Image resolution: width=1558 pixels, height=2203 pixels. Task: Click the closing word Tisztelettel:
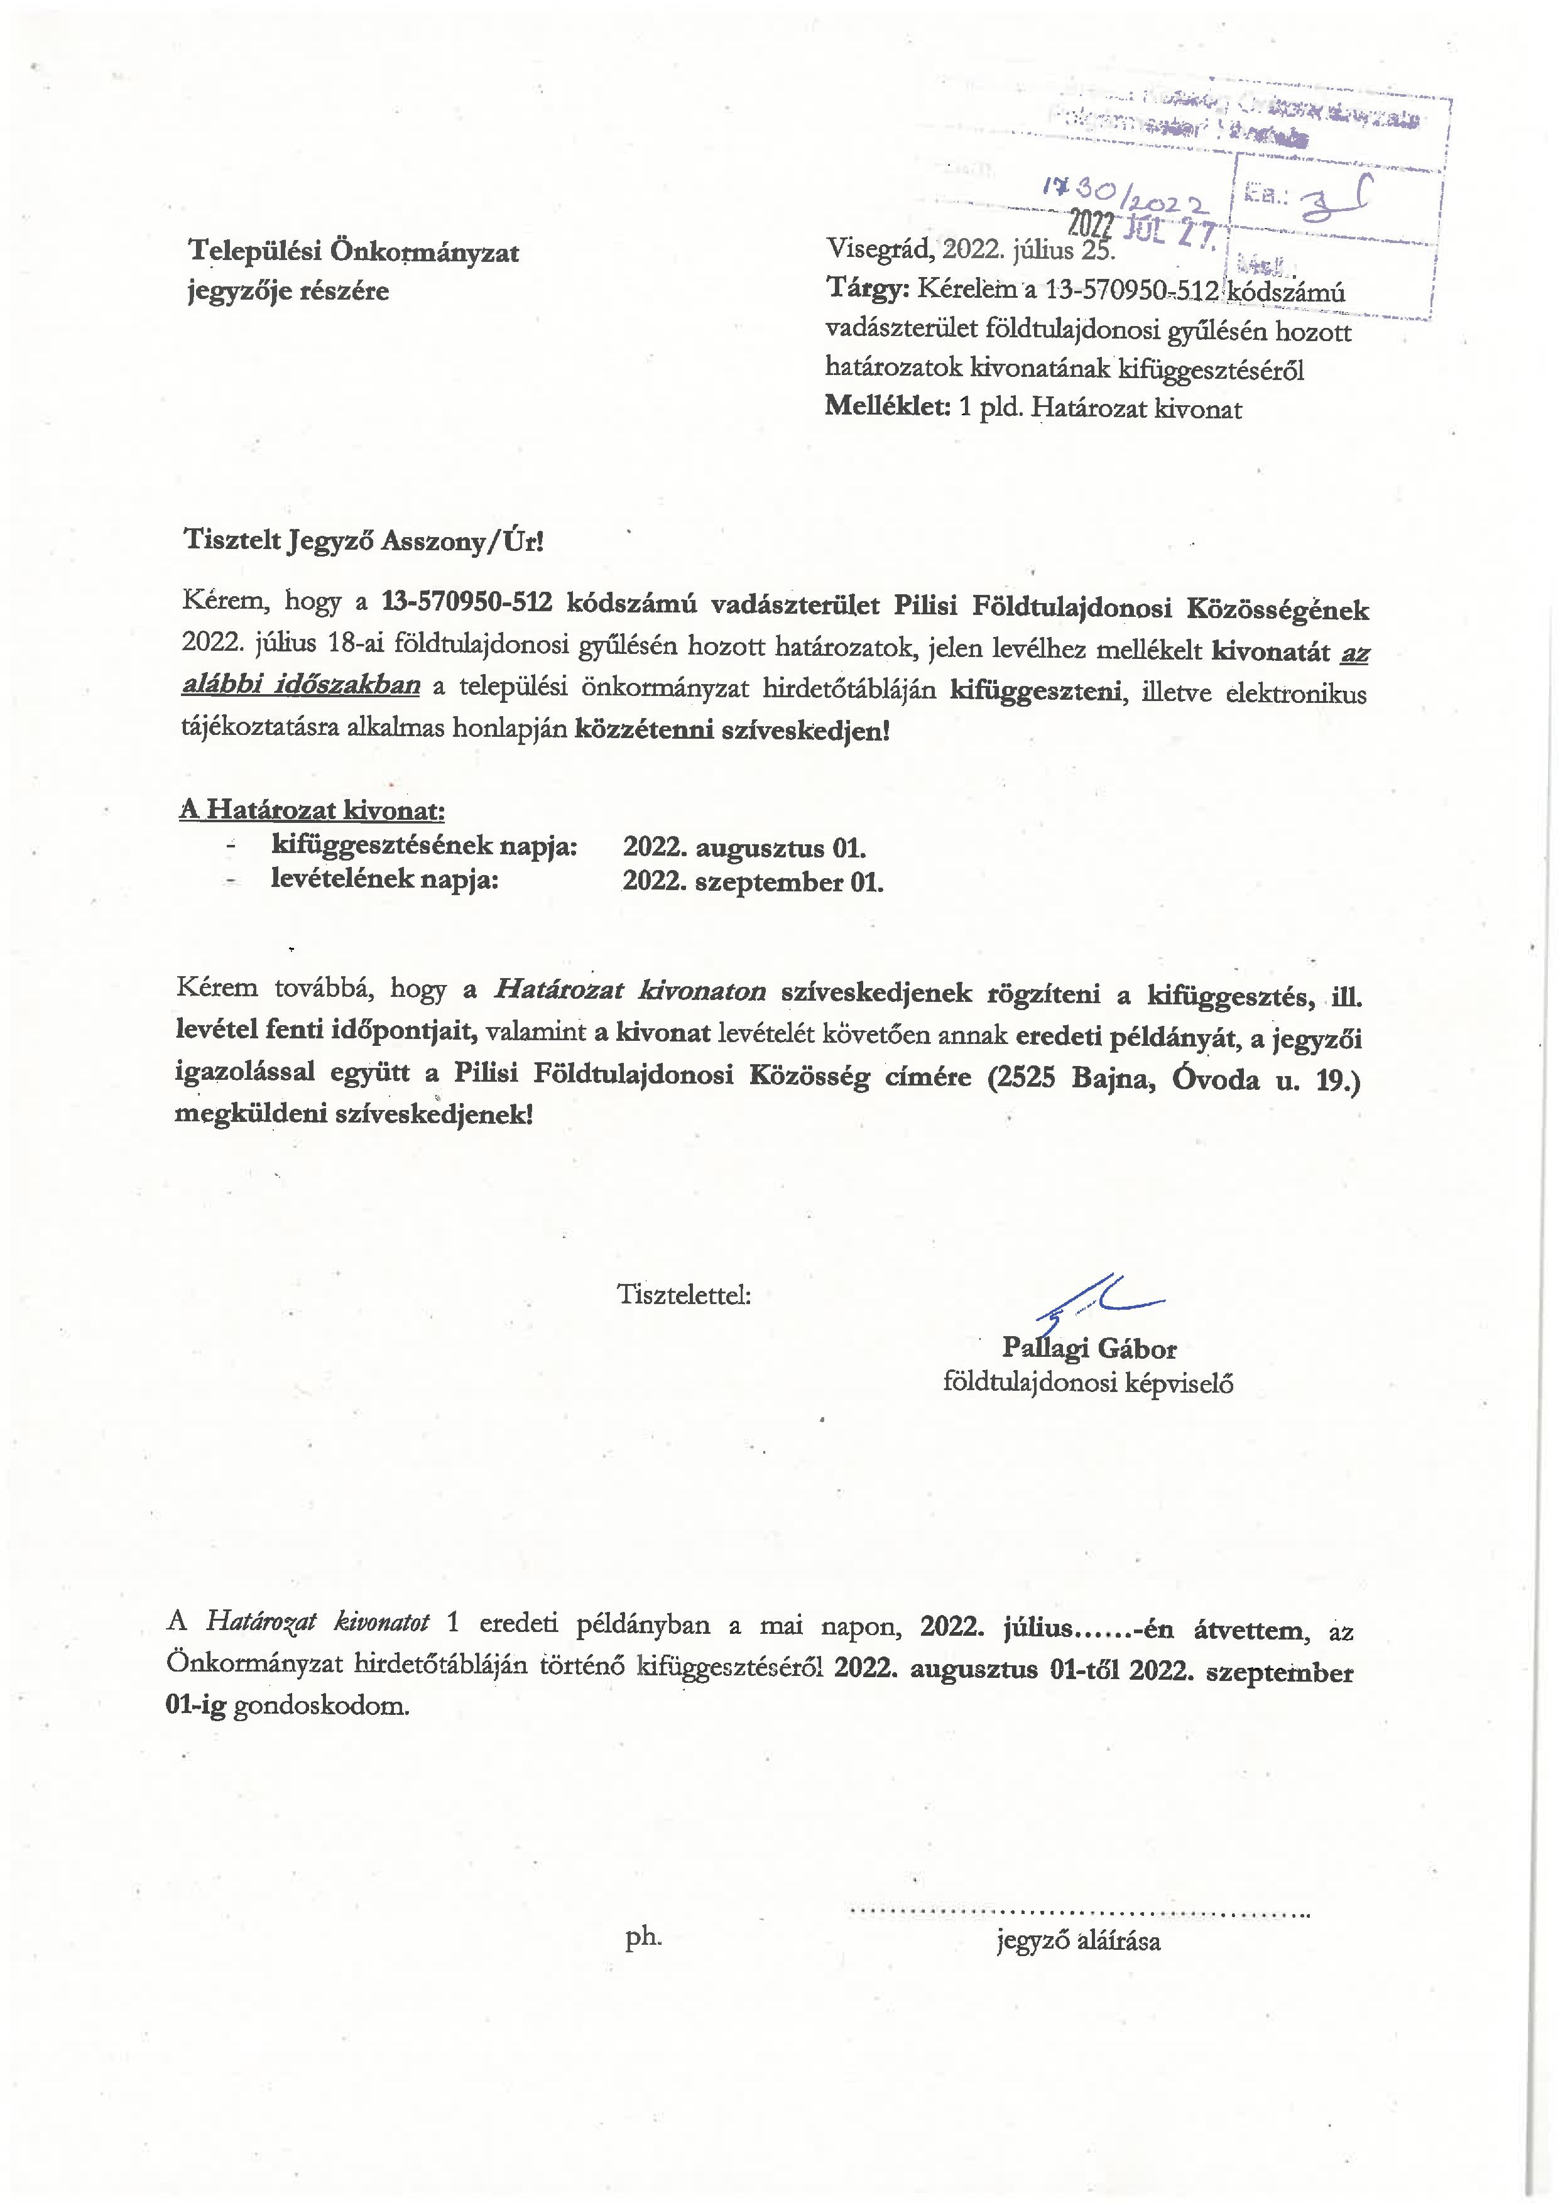click(x=684, y=1295)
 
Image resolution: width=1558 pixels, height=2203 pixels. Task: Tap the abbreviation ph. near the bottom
click(x=643, y=1937)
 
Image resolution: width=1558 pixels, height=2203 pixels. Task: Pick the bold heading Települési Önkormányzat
click(x=353, y=253)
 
